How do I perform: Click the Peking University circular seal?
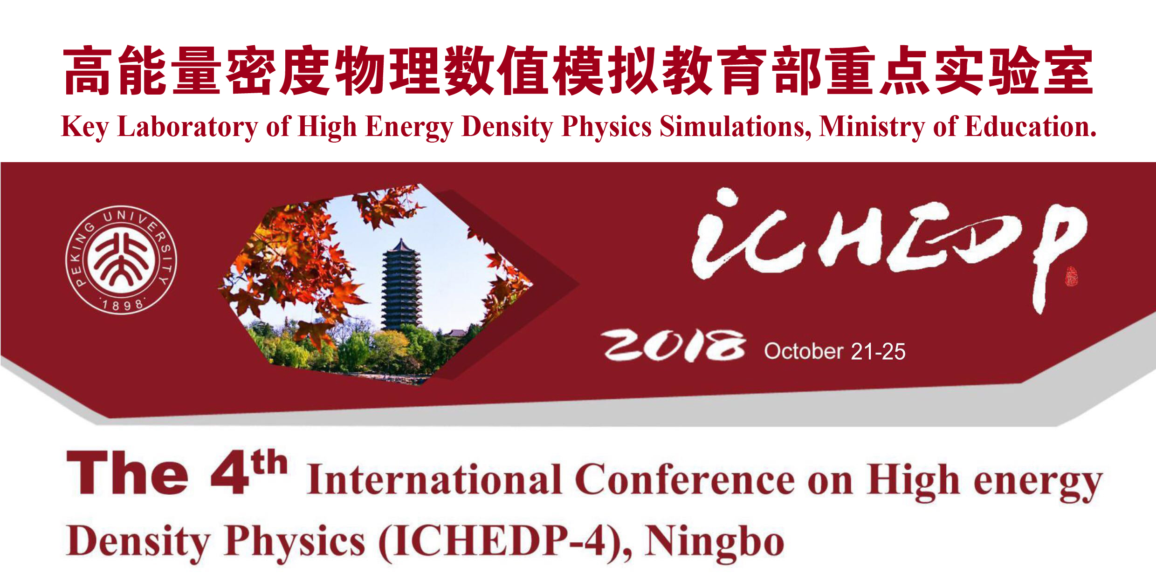point(121,260)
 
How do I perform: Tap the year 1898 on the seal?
point(123,305)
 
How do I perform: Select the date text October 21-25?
point(834,352)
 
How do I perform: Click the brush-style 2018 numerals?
point(673,346)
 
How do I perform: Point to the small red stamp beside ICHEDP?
point(1071,276)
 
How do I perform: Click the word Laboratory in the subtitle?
point(187,127)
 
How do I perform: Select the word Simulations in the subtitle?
point(735,127)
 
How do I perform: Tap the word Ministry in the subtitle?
point(872,127)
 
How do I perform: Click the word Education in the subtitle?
point(1030,127)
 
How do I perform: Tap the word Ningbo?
point(715,543)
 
